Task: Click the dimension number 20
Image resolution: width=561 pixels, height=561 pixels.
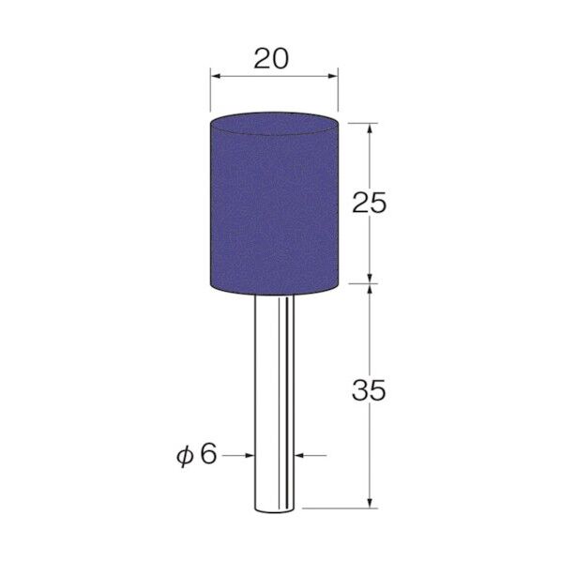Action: coord(271,59)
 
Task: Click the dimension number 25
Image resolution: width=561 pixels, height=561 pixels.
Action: coord(370,203)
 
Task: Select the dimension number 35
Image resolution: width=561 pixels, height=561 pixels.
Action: coord(369,389)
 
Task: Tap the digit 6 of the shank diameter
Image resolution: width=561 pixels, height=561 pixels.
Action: coord(208,454)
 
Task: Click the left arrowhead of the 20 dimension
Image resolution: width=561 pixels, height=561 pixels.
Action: coord(216,76)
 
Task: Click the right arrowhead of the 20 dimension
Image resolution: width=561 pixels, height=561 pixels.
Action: coord(333,76)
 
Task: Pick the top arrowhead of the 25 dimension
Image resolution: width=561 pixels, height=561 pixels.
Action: coord(370,129)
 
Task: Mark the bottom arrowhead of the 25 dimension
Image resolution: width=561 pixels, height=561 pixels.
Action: coord(370,279)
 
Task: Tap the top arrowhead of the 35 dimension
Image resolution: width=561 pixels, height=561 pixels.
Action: coord(370,289)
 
